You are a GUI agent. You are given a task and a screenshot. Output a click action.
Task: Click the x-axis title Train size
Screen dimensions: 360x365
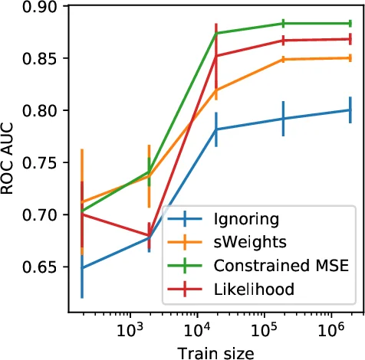coord(213,352)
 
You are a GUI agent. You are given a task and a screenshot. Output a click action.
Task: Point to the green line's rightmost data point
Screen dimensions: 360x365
coord(350,23)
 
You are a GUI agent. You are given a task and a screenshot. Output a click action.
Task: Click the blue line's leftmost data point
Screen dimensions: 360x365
coord(82,268)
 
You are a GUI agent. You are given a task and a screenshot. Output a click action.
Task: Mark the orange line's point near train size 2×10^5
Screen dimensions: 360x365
coord(283,59)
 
